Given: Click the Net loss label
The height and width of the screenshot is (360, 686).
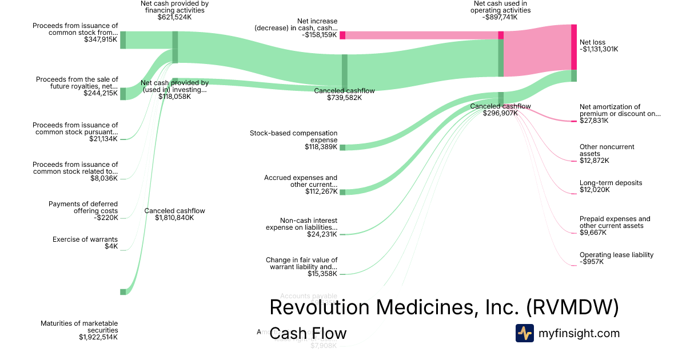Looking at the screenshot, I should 592,42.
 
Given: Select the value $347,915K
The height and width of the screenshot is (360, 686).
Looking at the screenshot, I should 101,39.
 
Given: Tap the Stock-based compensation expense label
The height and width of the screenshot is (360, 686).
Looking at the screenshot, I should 293,137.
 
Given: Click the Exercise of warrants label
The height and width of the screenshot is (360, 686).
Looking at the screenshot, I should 85,239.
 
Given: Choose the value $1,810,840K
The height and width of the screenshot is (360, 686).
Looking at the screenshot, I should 174,218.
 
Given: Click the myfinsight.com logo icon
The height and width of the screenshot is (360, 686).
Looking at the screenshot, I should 524,333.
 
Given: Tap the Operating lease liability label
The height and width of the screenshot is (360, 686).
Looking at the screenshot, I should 616,255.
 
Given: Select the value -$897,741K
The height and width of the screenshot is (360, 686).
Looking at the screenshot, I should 500,17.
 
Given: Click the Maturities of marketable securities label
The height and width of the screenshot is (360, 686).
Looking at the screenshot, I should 79,327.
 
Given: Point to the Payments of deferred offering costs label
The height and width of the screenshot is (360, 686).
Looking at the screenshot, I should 83,207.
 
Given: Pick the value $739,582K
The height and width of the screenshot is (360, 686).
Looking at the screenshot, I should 344,98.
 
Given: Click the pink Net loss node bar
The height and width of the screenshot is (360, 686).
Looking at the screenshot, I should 574,47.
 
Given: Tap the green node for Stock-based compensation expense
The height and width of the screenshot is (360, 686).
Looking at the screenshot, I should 342,147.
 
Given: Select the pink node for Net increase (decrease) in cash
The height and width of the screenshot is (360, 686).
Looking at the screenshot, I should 342,35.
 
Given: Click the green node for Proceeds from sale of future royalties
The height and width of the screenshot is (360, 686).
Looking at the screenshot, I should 123,94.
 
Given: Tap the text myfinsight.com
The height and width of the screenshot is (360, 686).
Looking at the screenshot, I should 579,333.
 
